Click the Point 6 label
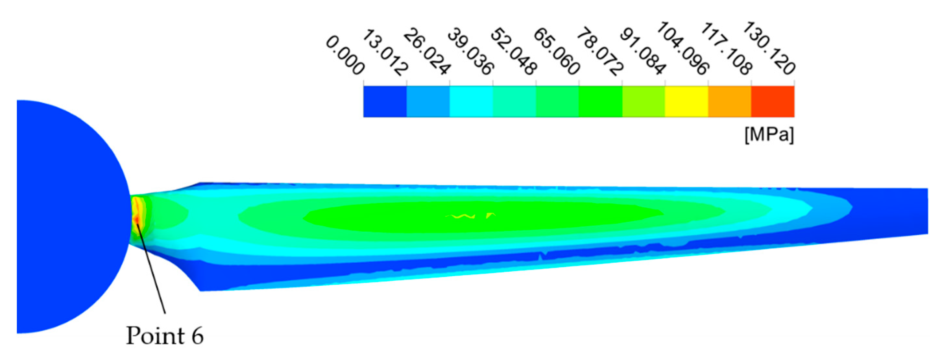tap(164, 335)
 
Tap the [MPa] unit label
tap(769, 135)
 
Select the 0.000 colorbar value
tap(345, 55)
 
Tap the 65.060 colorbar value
tap(557, 53)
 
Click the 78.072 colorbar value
tap(600, 53)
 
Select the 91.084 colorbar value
tap(643, 53)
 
